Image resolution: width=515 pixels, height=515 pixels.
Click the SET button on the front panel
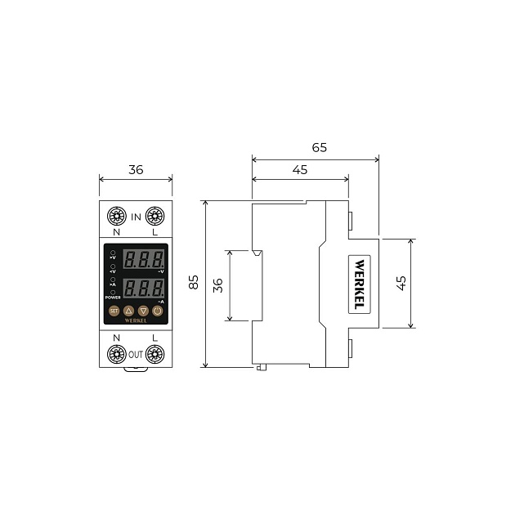tap(114, 311)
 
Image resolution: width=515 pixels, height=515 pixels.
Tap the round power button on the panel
tap(158, 311)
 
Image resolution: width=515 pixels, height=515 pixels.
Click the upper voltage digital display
tap(144, 260)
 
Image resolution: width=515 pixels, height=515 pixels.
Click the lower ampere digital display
tap(144, 289)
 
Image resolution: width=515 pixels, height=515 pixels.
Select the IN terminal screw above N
tap(116, 216)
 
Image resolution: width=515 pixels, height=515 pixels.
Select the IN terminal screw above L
tap(155, 216)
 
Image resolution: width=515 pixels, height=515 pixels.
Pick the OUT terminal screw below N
tap(116, 354)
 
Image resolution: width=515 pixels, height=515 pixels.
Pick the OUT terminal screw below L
tap(155, 354)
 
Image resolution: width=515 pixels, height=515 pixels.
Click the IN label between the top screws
tap(136, 216)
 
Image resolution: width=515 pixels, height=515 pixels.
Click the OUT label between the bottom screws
tap(136, 355)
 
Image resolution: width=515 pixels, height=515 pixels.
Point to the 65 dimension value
tap(320, 148)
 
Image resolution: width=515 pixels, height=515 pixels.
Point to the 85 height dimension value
tap(194, 282)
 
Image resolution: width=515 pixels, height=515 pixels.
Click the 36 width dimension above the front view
tap(136, 170)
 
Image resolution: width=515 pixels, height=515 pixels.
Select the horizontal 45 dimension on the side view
tap(300, 169)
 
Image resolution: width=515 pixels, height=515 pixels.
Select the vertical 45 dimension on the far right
tap(401, 283)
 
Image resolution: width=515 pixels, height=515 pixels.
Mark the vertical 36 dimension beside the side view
tap(217, 285)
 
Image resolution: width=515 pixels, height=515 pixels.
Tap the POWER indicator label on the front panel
tap(113, 298)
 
